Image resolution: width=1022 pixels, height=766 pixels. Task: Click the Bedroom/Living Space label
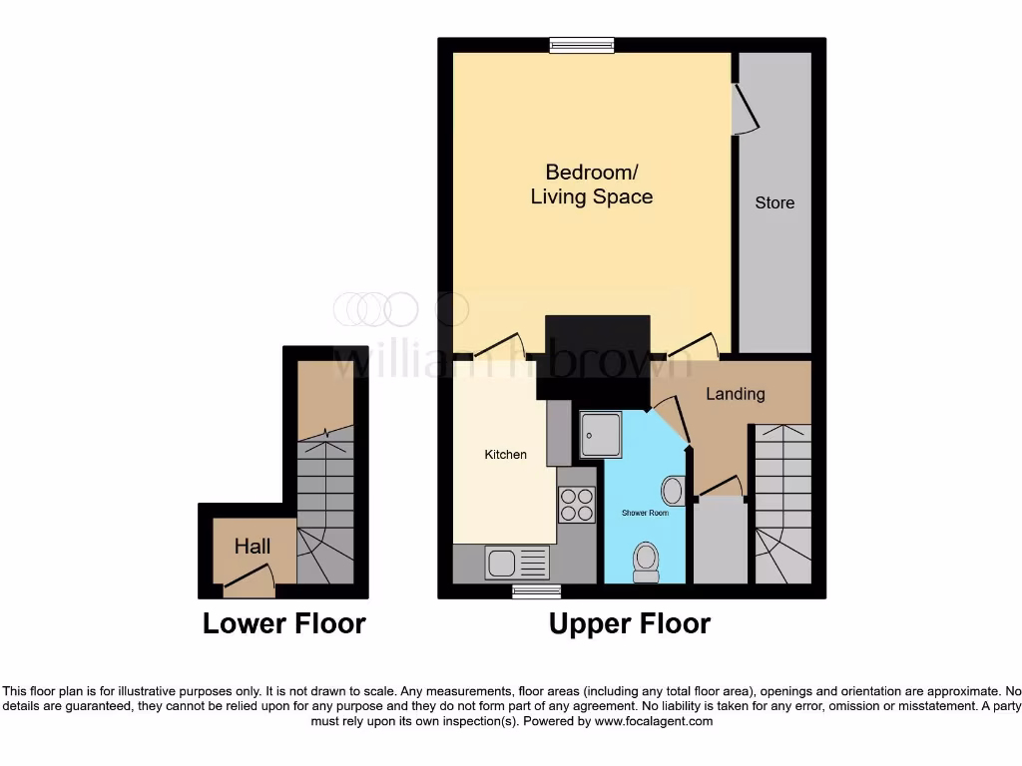(x=591, y=185)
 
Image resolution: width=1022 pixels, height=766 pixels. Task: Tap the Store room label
(x=774, y=202)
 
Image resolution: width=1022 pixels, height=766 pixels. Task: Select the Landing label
(x=736, y=394)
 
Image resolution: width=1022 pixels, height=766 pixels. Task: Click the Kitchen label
(x=506, y=455)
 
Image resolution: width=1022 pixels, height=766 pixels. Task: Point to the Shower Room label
(x=645, y=513)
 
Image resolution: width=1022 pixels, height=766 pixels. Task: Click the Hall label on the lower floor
(x=253, y=546)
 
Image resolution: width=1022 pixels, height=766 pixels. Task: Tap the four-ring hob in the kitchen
(x=576, y=505)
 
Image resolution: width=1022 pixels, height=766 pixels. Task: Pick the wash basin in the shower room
(x=674, y=490)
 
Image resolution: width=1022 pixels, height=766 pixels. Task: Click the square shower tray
(x=601, y=430)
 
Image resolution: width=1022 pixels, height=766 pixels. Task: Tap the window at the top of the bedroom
(x=582, y=44)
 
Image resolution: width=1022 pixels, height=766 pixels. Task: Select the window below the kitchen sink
(x=529, y=591)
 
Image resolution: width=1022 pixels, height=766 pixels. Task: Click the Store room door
(x=744, y=110)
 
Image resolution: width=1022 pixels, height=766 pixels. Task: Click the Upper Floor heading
(x=630, y=624)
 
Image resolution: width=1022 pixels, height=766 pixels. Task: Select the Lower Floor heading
(x=284, y=624)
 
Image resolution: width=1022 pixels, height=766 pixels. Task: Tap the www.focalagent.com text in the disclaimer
(x=656, y=721)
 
